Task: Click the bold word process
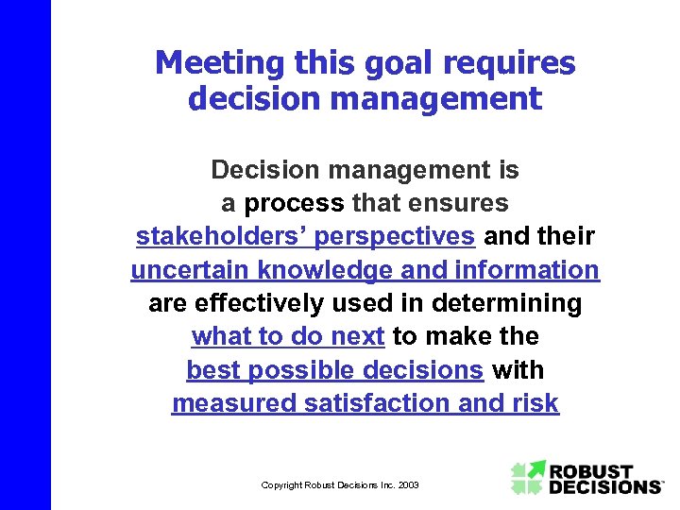[x=294, y=203]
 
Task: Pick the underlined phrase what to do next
[x=288, y=336]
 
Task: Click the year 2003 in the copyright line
[x=408, y=484]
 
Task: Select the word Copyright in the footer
[x=281, y=484]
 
